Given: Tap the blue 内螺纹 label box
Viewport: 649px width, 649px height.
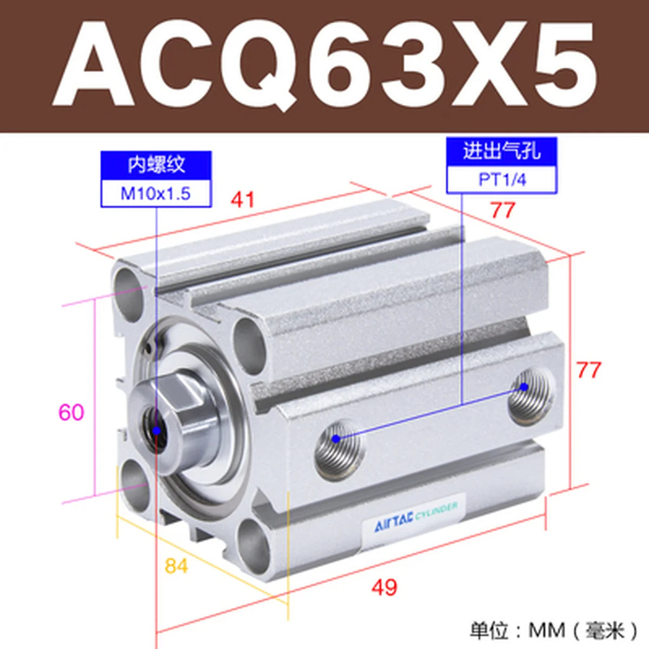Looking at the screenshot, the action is coord(156,165).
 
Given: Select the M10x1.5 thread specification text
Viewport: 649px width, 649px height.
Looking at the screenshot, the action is coord(156,194).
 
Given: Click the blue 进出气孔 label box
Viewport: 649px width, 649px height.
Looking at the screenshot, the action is coord(502,151).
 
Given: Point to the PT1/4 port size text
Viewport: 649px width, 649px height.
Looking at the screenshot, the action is coord(502,180).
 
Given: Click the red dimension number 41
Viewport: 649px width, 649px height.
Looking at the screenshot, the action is coord(242,200).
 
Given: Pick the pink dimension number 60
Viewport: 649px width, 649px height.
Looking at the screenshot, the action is coord(71,412).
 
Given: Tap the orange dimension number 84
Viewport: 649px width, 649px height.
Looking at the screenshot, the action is coord(176,566).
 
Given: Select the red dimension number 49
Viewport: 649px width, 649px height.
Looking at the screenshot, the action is coord(385,587).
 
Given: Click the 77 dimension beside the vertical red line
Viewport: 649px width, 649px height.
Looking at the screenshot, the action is coord(589,370).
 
